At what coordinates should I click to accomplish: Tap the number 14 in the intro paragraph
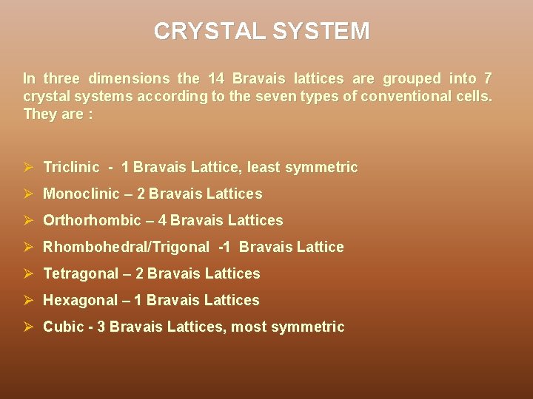point(216,78)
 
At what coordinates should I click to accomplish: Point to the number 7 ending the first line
point(487,78)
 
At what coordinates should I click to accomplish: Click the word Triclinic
point(71,168)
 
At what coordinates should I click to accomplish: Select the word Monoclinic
point(81,194)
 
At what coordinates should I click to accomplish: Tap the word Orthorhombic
point(92,221)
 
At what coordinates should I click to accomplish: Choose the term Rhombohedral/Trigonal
point(126,248)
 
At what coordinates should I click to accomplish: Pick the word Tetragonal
point(81,274)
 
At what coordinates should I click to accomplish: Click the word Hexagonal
point(80,301)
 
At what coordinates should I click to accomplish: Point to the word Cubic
point(63,327)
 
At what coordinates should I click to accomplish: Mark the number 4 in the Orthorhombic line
point(162,221)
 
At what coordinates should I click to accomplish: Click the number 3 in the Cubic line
point(113,327)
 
